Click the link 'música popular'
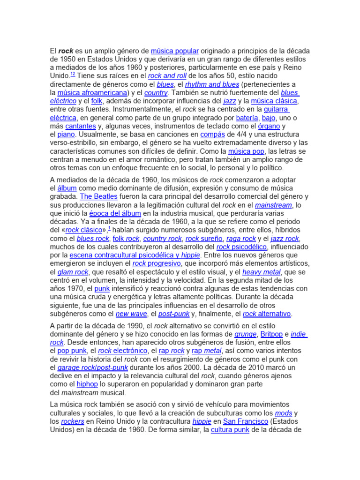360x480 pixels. point(175,51)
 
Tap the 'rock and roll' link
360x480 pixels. point(167,76)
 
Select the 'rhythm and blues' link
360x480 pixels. point(212,84)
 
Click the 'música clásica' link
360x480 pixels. point(274,101)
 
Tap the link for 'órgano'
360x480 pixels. point(269,126)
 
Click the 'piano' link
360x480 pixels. point(66,135)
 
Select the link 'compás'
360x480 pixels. point(212,135)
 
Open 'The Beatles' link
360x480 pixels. point(99,196)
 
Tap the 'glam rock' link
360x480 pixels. point(74,272)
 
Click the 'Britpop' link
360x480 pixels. point(271,334)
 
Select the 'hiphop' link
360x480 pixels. point(87,384)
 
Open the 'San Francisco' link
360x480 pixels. point(246,421)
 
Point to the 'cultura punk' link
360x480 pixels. point(230,430)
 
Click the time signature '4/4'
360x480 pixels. point(247,135)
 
